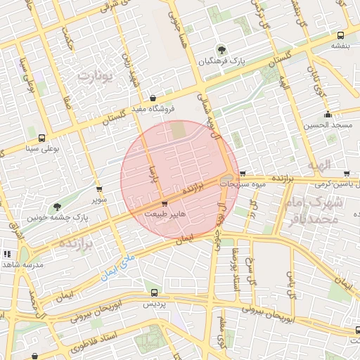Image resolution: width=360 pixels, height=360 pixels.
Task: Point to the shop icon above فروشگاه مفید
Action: tap(153, 98)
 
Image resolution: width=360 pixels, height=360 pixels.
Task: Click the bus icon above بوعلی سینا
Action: tap(41, 138)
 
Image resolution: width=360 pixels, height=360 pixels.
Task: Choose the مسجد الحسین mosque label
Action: tap(327, 125)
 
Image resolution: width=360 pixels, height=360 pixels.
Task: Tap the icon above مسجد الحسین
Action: tap(328, 115)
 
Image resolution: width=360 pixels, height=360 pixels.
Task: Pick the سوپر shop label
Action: tap(98, 199)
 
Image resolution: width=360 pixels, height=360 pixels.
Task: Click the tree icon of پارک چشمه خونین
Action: tap(57, 207)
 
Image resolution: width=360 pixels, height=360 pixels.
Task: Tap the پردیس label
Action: tap(154, 304)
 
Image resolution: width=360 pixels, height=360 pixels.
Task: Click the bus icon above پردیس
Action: tap(154, 292)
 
